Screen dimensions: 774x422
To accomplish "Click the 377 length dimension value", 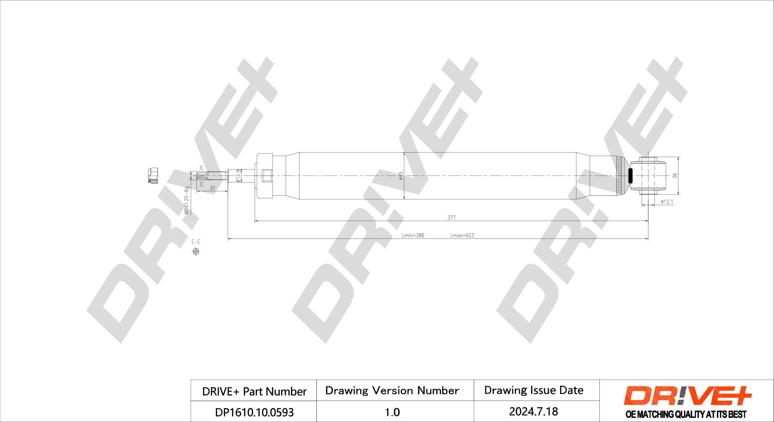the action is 451,218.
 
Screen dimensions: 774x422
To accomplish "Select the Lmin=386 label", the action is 413,235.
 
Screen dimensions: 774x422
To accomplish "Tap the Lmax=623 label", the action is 462,235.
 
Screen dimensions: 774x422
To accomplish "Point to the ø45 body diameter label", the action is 401,176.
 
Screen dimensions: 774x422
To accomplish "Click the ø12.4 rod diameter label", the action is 238,175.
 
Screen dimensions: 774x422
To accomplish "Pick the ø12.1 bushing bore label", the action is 667,202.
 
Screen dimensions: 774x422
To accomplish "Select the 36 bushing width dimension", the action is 675,175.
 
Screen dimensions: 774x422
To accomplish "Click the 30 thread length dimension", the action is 212,188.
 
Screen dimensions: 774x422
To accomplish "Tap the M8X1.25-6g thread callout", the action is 186,200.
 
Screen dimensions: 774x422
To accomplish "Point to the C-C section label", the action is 196,242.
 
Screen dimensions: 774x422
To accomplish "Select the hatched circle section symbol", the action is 196,251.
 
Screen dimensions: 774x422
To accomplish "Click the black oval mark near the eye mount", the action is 630,176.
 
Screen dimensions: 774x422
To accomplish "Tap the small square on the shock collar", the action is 267,176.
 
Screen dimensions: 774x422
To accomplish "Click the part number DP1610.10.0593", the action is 254,412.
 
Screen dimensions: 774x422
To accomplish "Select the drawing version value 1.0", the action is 392,412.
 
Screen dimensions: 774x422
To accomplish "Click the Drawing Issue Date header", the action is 534,390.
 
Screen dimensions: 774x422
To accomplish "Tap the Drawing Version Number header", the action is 392,391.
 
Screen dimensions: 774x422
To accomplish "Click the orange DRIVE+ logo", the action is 688,396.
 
